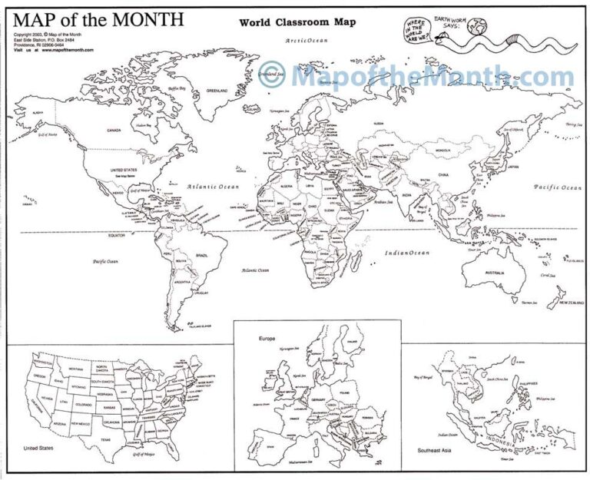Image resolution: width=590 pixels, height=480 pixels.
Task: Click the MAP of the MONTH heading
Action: (x=98, y=18)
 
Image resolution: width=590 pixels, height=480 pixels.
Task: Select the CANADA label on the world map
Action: (x=114, y=131)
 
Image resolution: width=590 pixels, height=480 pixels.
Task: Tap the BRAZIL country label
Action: (x=203, y=254)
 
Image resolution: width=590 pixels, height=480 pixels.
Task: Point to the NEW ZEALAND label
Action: (x=572, y=303)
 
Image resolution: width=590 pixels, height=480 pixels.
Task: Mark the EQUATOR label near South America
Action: (x=116, y=236)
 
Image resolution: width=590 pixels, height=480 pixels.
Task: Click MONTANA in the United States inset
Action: (x=75, y=369)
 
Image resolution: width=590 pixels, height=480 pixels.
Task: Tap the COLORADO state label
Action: (x=83, y=404)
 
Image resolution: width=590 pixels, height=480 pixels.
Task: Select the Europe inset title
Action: (x=267, y=337)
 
